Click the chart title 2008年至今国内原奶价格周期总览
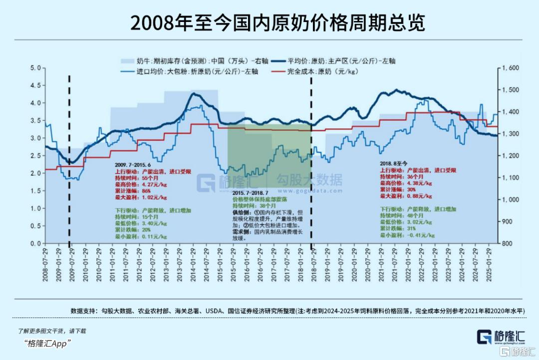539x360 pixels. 269,23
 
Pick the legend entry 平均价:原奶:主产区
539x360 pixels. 341,61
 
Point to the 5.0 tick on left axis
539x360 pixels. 35,68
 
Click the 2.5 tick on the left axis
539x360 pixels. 35,156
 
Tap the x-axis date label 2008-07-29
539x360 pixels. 45,265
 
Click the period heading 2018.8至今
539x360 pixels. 394,163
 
